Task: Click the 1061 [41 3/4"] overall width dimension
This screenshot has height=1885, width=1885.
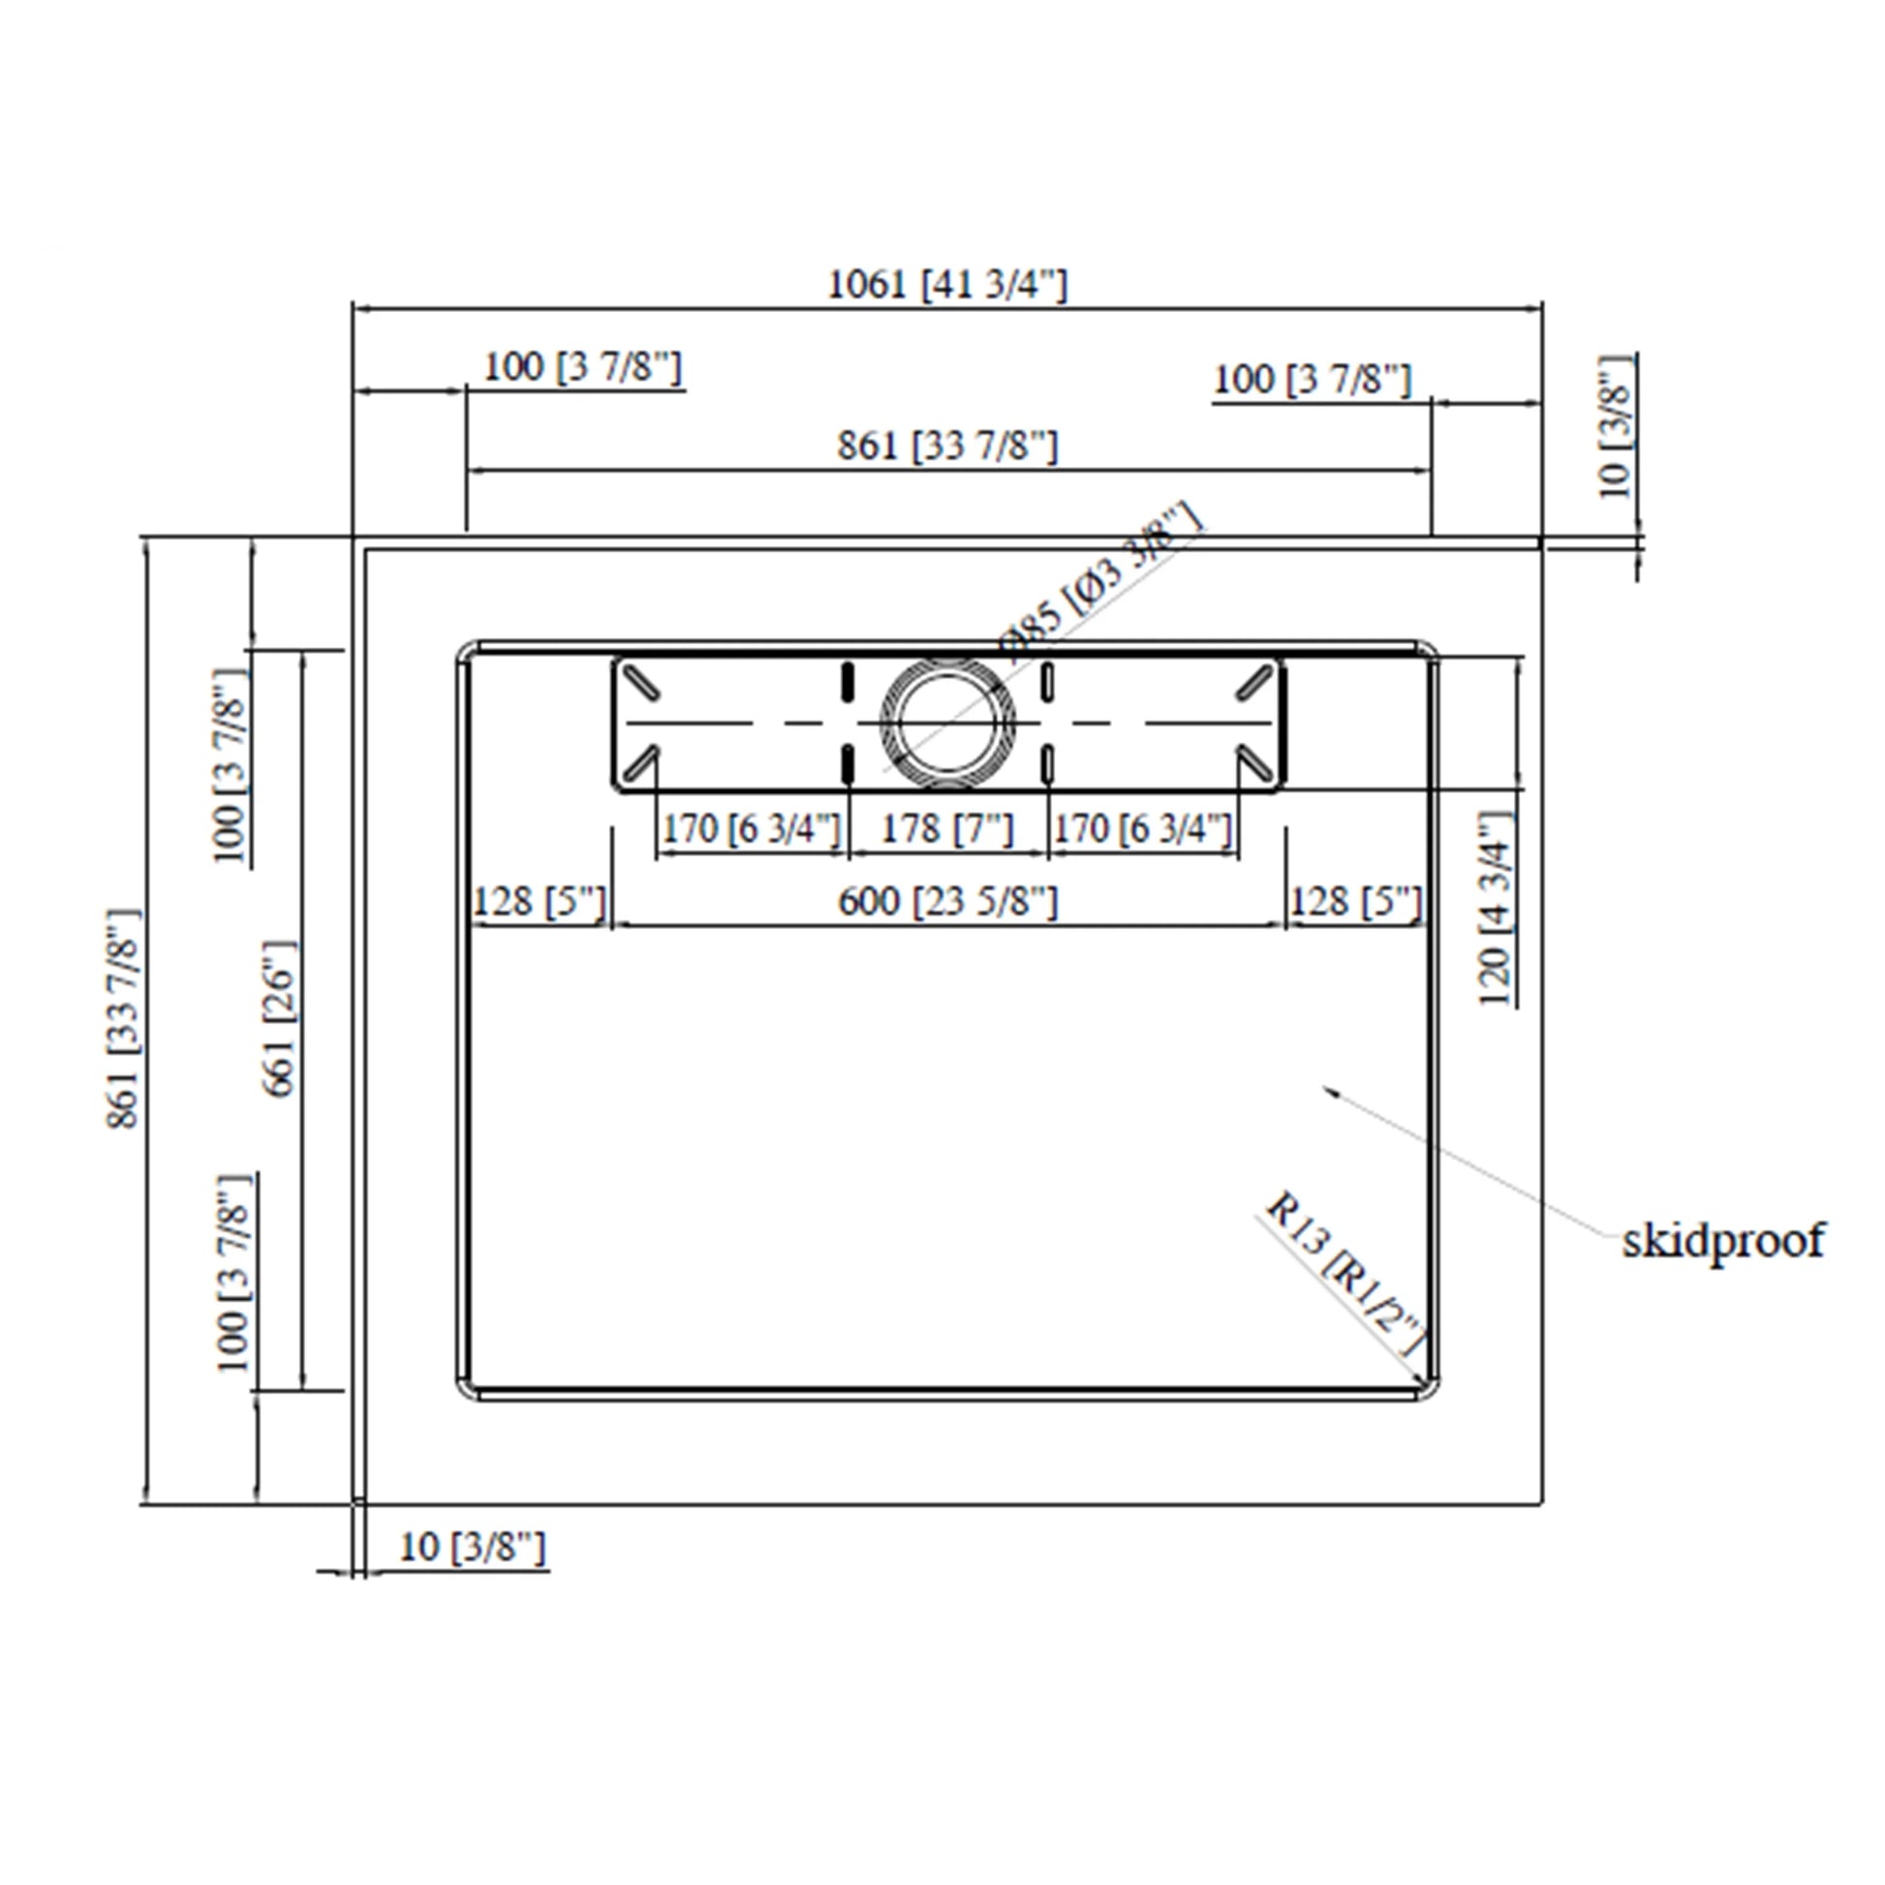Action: coord(947,285)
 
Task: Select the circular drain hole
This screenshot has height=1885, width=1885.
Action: coord(947,723)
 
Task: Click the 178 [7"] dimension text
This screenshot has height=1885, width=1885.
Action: coord(947,829)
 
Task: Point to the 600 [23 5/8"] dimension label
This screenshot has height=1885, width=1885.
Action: coord(947,902)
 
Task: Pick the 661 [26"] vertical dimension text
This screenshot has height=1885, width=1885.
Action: coord(279,1019)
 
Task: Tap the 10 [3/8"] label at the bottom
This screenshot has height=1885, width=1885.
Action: coord(473,1547)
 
